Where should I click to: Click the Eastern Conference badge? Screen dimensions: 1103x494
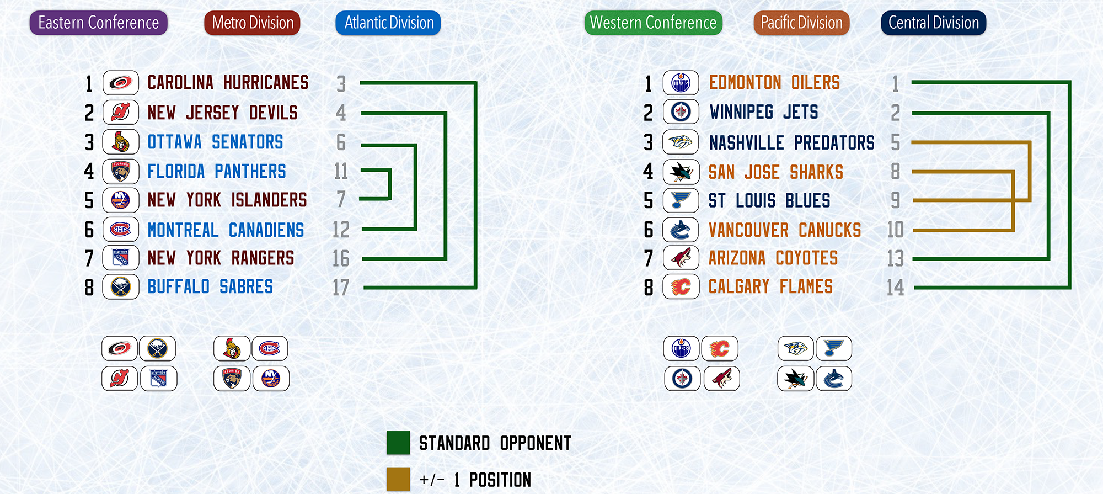tap(99, 23)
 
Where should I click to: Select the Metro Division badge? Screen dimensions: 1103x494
tap(253, 23)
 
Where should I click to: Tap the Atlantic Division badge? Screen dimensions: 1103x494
tap(388, 23)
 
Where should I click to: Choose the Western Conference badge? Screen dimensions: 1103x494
tap(654, 23)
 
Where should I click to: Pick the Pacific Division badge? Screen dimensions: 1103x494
tap(802, 23)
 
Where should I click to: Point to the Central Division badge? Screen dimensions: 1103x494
tap(934, 23)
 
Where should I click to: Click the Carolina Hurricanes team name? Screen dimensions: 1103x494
tap(228, 83)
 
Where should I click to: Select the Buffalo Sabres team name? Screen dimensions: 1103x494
tap(210, 287)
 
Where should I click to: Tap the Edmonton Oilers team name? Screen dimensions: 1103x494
tap(774, 83)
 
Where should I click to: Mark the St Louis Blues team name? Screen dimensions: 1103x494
tap(769, 201)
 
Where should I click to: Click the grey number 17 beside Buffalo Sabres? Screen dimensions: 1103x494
tap(341, 288)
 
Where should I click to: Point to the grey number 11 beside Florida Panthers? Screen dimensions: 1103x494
tap(341, 172)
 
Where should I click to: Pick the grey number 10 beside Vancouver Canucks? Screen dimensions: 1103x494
tap(895, 230)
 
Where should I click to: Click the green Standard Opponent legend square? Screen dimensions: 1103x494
tap(398, 443)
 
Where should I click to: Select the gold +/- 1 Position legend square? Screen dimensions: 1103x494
tap(398, 479)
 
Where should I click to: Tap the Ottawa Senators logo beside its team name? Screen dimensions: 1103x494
tap(121, 142)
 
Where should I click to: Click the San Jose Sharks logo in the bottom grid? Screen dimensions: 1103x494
tap(795, 379)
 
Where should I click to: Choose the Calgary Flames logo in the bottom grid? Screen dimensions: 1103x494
tap(720, 348)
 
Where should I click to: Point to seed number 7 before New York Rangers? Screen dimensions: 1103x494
tap(89, 258)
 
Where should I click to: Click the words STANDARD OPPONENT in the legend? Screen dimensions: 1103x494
tap(495, 443)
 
